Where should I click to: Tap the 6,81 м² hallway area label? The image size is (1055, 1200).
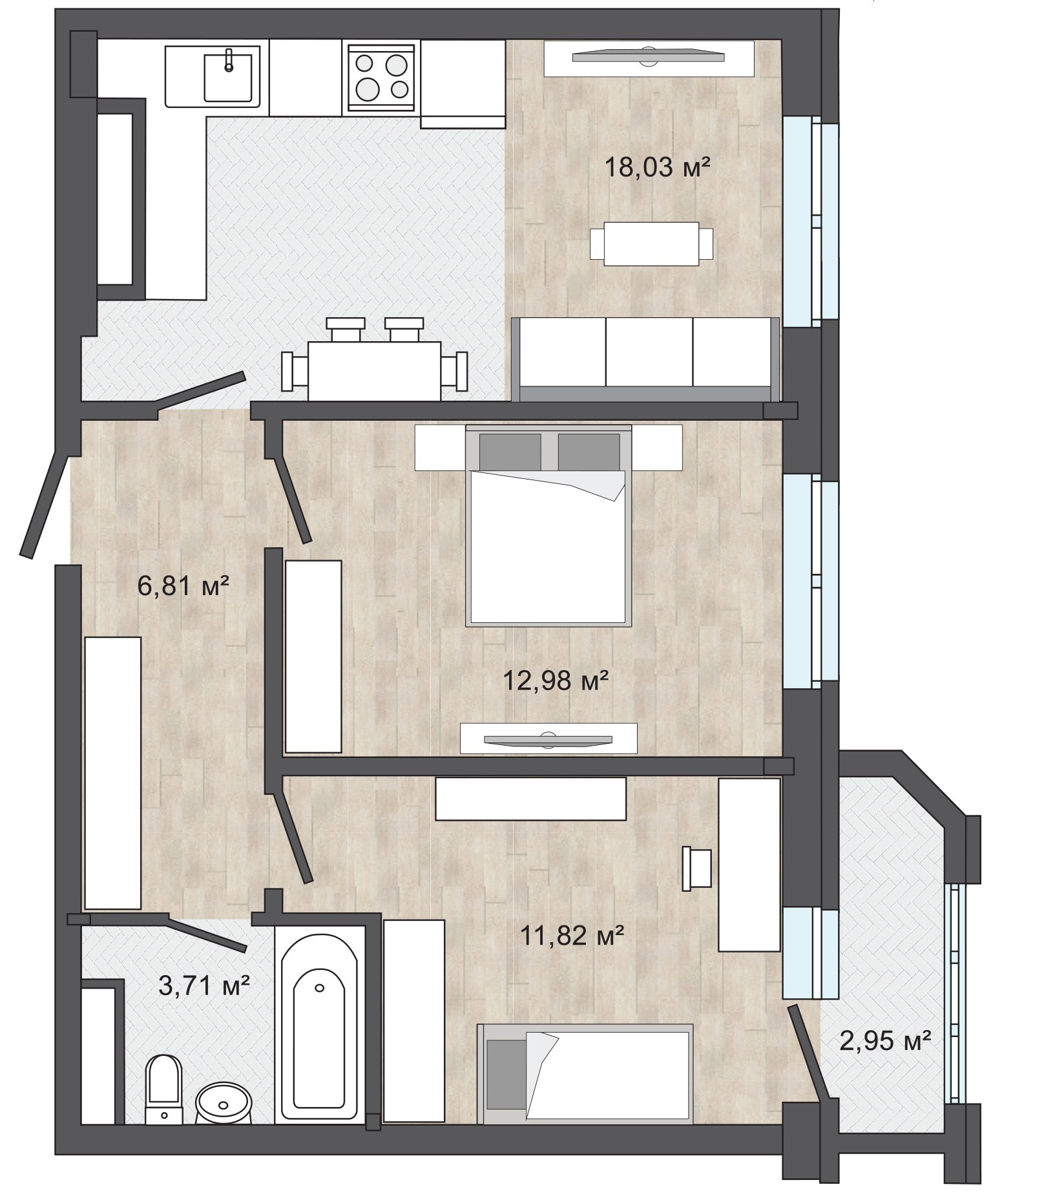point(183,587)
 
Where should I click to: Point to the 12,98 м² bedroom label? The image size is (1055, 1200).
point(556,680)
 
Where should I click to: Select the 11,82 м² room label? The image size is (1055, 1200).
point(572,935)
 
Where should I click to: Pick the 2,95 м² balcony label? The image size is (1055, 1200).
point(885,1041)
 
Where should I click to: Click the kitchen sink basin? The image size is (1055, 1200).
point(227,78)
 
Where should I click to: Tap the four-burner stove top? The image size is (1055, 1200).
point(381,76)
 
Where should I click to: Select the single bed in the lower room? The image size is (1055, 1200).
point(585,1075)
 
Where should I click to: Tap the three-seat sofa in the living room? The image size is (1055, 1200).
point(645,359)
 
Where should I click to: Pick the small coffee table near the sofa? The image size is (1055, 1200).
point(652,244)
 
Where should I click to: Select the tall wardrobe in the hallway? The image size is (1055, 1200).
point(113,773)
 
